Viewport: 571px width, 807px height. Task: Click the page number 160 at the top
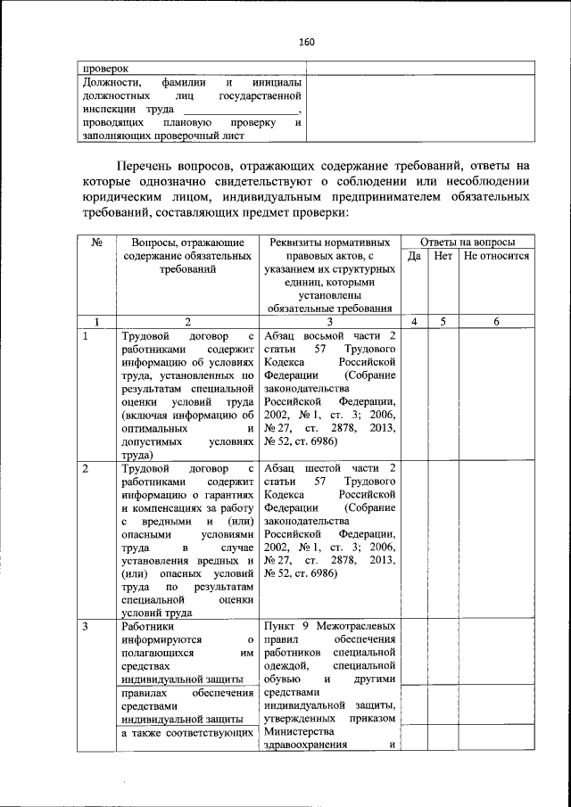[307, 42]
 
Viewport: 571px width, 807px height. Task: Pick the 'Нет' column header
[443, 256]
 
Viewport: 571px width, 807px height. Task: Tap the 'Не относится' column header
[496, 256]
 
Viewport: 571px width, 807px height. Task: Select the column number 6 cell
[496, 321]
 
